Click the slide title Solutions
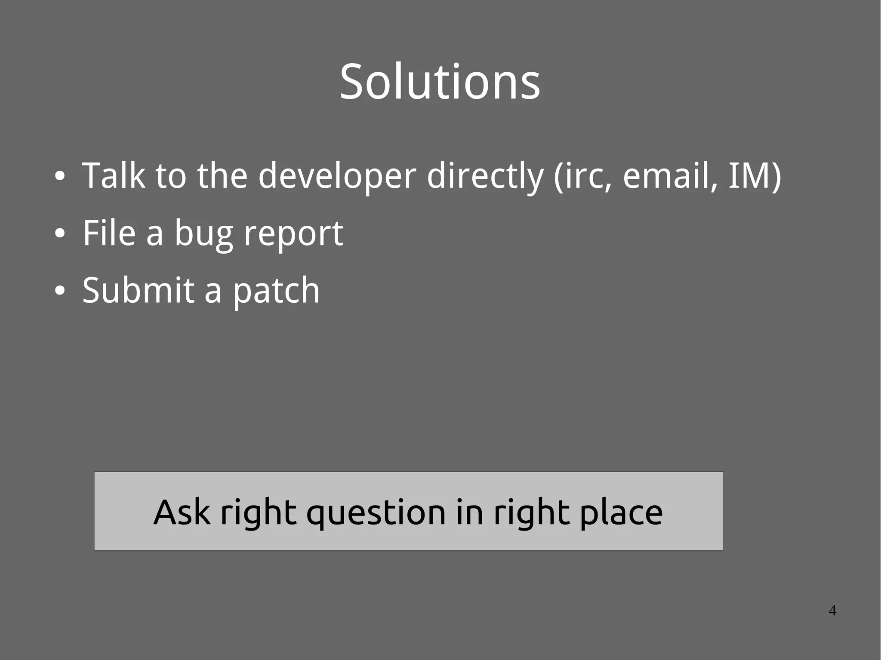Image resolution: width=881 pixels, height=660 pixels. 440,82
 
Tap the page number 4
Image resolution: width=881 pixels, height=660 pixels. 832,611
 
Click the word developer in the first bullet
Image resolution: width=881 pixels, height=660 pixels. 337,176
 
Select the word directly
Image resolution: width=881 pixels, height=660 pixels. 485,176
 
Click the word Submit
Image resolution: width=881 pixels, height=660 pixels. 138,290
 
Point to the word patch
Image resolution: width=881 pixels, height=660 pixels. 276,291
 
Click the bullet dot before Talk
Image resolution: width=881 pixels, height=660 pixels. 60,177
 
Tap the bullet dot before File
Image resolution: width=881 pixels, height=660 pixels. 60,234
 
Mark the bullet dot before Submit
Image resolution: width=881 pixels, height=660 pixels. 60,291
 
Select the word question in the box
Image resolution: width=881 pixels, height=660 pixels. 376,513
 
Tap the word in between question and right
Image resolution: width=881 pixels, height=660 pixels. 469,512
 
